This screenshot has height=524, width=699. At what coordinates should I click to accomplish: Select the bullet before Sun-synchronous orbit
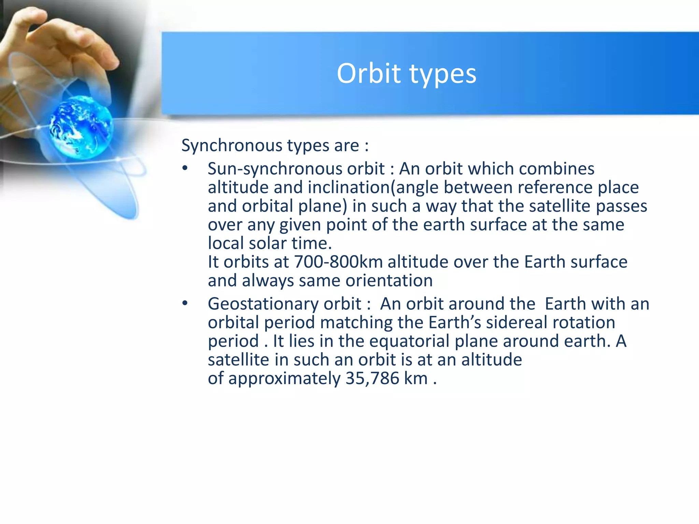click(185, 168)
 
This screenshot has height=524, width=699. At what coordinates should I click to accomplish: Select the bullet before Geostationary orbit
click(185, 303)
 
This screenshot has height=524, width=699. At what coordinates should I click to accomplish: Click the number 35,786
click(372, 378)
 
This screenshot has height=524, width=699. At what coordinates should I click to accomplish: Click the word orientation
click(389, 281)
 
